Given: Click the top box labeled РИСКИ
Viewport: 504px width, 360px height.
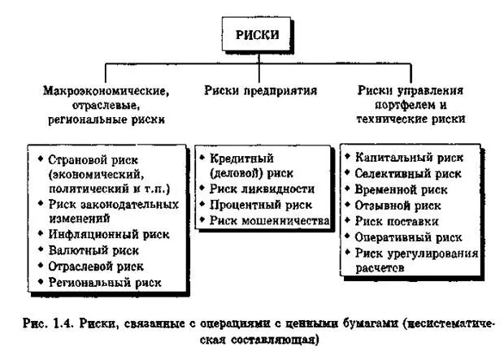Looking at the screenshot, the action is click(255, 35).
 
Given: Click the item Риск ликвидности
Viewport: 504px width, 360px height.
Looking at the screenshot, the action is click(261, 189).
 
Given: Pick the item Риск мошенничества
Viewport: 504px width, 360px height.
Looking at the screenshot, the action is click(268, 219).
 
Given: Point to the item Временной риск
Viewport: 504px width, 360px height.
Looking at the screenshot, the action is click(401, 189).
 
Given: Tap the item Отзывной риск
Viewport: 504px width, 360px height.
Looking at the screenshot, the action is click(398, 206).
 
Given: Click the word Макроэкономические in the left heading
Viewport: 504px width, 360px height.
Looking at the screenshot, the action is click(105, 89).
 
